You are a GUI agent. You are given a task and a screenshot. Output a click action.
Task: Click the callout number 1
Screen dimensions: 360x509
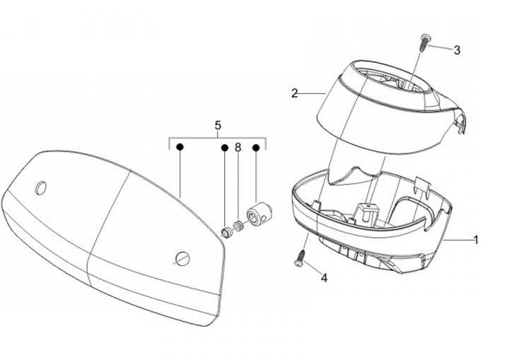[476, 240]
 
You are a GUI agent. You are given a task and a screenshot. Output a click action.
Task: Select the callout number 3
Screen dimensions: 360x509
[457, 50]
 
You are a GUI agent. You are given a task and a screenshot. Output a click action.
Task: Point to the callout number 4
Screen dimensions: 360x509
[324, 278]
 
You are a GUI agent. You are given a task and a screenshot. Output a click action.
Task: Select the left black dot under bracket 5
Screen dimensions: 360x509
[180, 148]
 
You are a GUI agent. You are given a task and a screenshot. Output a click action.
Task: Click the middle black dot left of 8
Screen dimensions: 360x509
[225, 148]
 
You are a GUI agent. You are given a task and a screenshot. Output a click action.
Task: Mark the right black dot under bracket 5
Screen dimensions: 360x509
[256, 148]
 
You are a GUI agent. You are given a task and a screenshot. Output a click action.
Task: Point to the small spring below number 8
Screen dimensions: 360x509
[239, 226]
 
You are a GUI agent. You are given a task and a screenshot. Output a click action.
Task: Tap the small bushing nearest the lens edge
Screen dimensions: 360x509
[227, 231]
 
